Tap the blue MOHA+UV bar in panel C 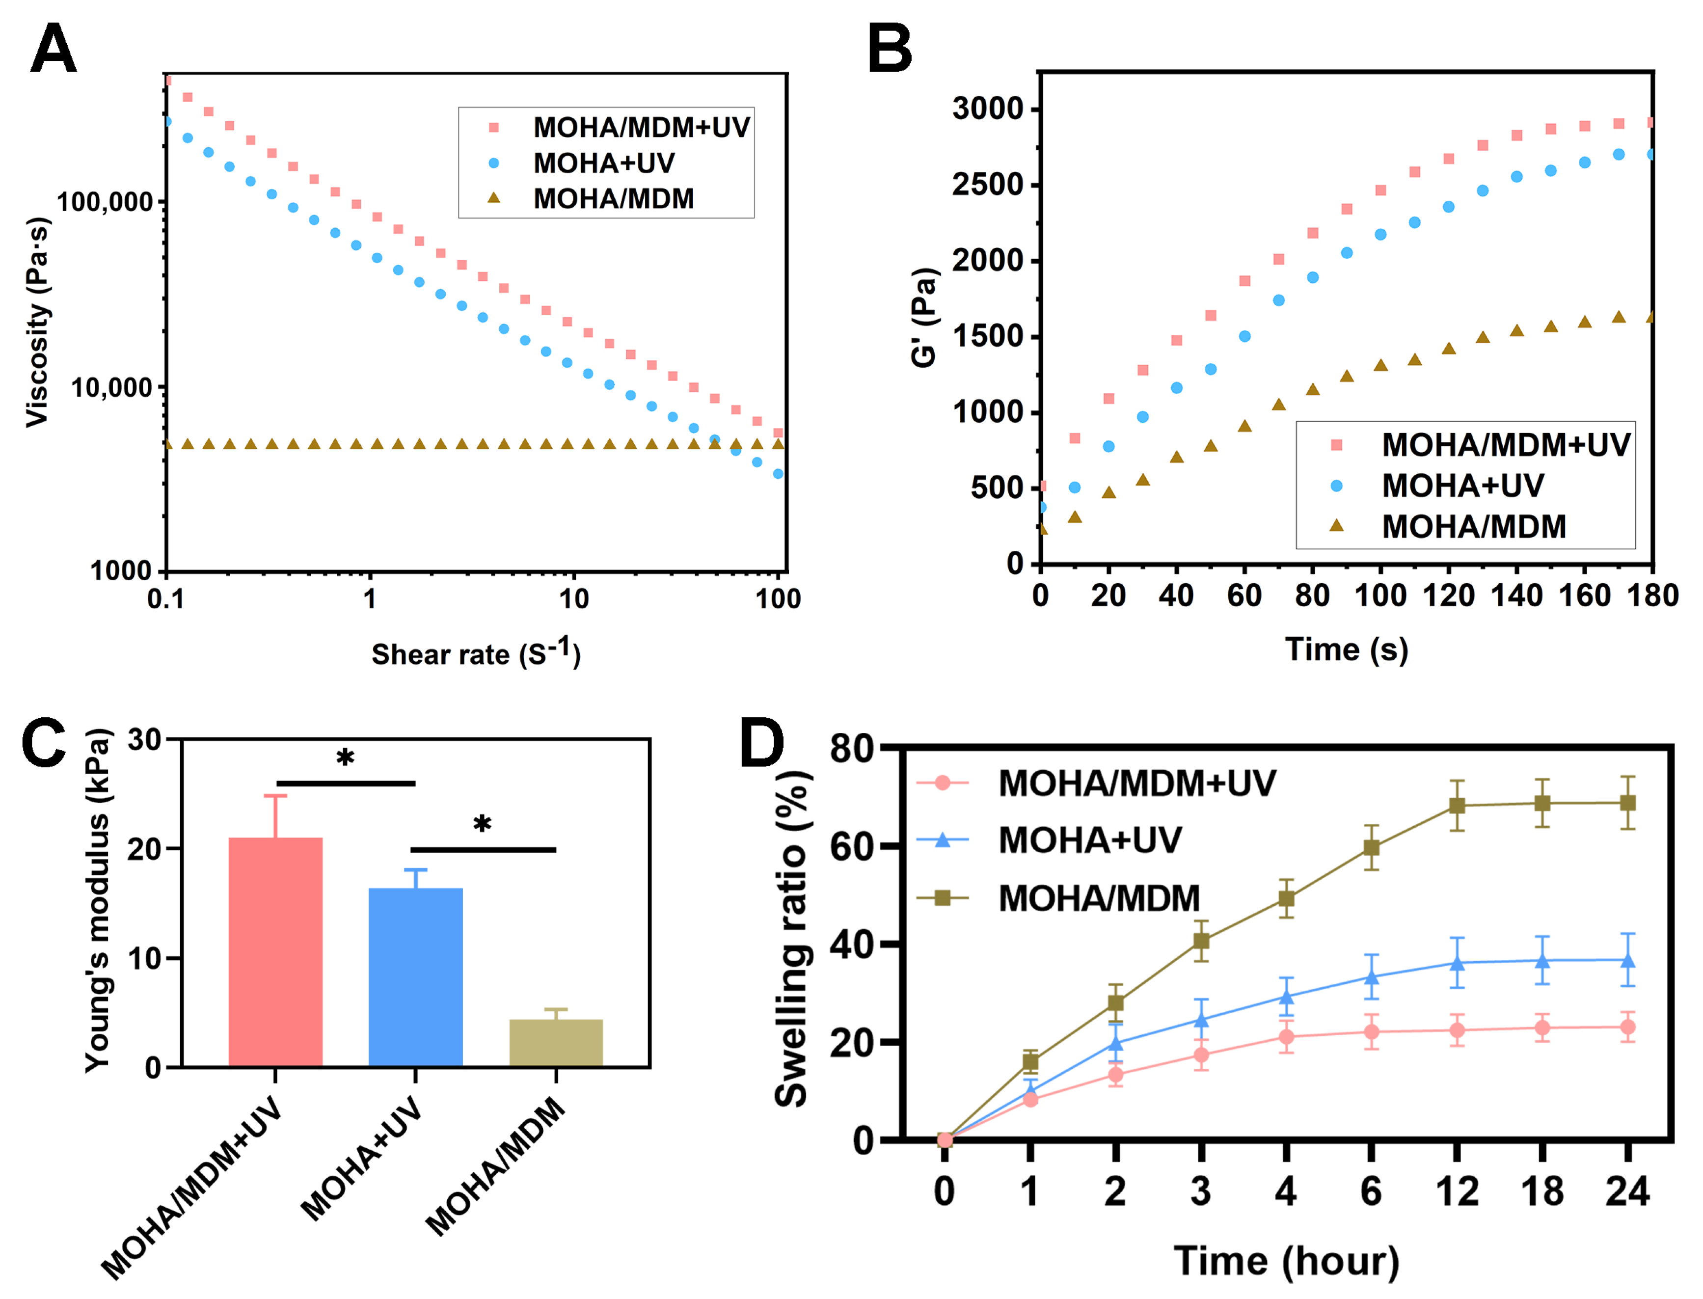[415, 977]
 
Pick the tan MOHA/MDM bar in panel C [556, 1043]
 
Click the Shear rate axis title [475, 653]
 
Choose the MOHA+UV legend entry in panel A [603, 163]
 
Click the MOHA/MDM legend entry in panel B [1473, 527]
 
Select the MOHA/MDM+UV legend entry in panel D [1136, 783]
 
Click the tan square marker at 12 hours [1457, 806]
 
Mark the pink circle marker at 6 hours [1371, 1032]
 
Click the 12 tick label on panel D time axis [1457, 1191]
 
